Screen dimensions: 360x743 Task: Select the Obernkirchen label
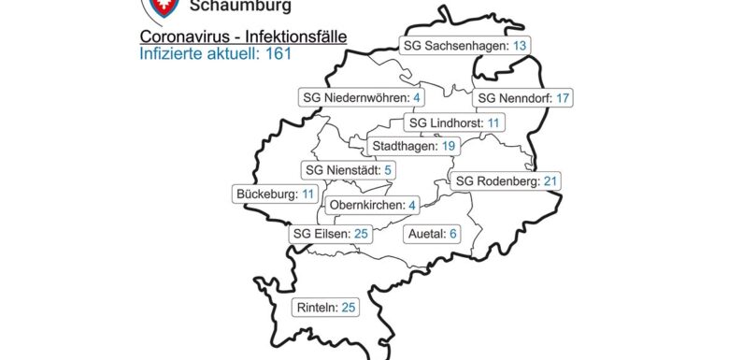tap(367, 206)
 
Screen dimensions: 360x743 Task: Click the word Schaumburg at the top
tap(239, 7)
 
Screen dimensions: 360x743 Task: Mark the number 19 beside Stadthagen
tap(448, 146)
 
